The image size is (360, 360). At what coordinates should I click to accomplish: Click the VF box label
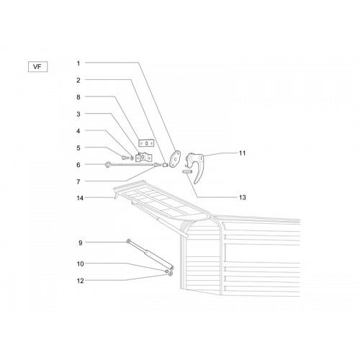click(37, 67)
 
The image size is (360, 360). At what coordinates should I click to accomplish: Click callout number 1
click(78, 63)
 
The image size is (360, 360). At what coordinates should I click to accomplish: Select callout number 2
click(78, 80)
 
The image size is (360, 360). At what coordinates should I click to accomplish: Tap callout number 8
click(78, 97)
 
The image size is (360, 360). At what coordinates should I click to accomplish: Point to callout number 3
click(78, 114)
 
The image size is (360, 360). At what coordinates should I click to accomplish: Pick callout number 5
click(78, 148)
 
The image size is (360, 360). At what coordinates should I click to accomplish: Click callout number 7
click(78, 182)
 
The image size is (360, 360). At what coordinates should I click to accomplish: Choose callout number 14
click(80, 198)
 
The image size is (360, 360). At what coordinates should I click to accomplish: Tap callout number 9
click(81, 243)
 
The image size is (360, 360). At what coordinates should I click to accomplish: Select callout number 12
click(81, 281)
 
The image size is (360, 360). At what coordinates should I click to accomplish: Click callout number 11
click(243, 153)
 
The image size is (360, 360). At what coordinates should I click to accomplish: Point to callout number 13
click(243, 197)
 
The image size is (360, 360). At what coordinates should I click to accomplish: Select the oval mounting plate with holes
click(175, 158)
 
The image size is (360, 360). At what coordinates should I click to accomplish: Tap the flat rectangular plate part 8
click(146, 143)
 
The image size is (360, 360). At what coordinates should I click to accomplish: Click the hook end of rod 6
click(108, 165)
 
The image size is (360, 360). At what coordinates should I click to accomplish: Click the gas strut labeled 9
click(150, 254)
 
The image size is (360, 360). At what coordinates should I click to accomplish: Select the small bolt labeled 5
click(125, 158)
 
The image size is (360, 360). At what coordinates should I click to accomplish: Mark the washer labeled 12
click(171, 274)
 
